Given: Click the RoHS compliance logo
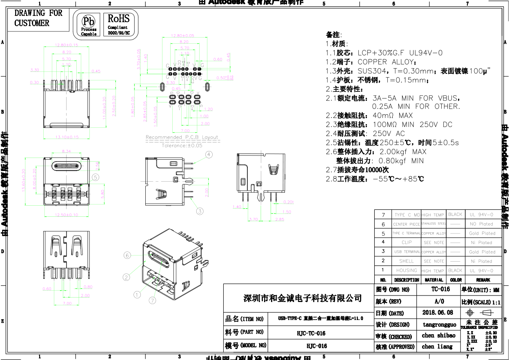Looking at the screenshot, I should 118,24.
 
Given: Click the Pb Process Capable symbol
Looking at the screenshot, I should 89,24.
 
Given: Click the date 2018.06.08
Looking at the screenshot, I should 438,313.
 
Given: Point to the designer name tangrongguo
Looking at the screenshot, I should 439,325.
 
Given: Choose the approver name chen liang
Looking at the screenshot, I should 437,347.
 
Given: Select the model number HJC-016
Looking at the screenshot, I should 317,346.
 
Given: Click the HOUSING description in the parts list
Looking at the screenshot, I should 407,270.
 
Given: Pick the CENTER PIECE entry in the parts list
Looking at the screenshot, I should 406,224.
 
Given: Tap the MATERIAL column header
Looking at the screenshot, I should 433,280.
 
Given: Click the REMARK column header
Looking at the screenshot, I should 483,280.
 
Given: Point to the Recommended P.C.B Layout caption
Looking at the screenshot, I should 182,137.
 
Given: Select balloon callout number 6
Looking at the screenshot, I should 127,255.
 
